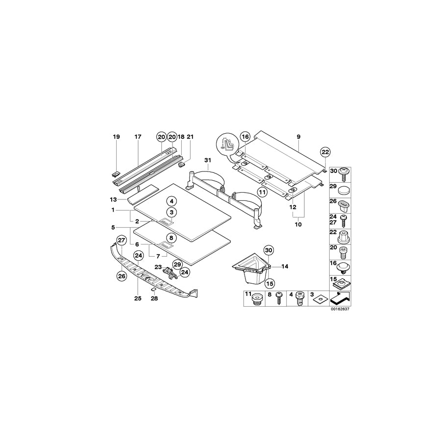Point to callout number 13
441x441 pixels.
pyautogui.click(x=114, y=199)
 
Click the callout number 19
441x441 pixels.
pyautogui.click(x=116, y=137)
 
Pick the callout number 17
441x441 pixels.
pyautogui.click(x=138, y=137)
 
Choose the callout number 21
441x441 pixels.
pyautogui.click(x=191, y=137)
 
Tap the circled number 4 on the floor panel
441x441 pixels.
pyautogui.click(x=171, y=201)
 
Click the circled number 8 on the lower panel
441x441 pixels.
pyautogui.click(x=171, y=238)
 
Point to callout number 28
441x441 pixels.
pyautogui.click(x=154, y=298)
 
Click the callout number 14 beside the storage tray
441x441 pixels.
pyautogui.click(x=284, y=267)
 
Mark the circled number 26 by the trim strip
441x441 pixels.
pyautogui.click(x=121, y=276)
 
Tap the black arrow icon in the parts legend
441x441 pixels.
pyautogui.click(x=342, y=297)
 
